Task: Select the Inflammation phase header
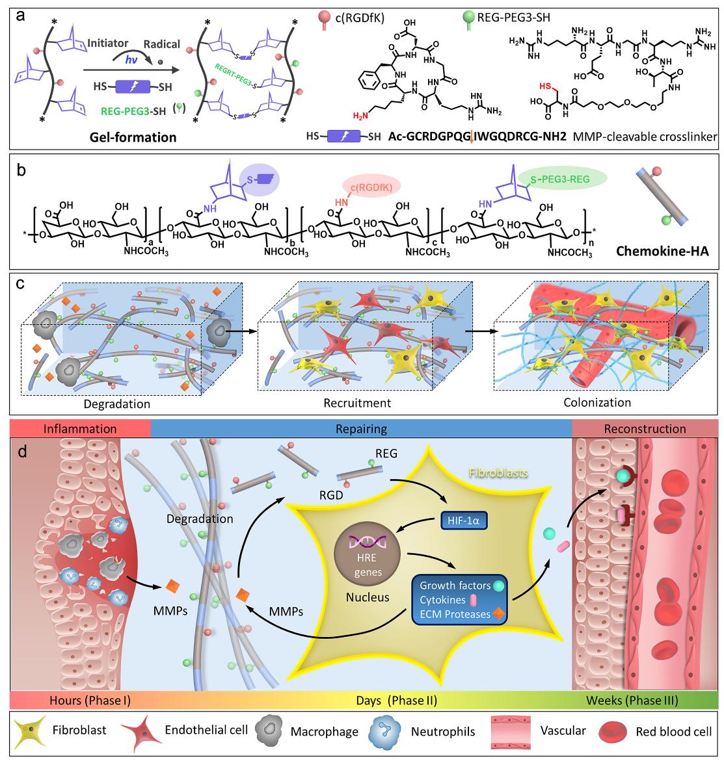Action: coord(79,428)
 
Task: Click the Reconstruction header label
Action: coord(645,428)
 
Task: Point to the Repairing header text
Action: coord(361,428)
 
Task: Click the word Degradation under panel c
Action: coord(116,404)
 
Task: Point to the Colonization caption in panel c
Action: coord(597,402)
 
